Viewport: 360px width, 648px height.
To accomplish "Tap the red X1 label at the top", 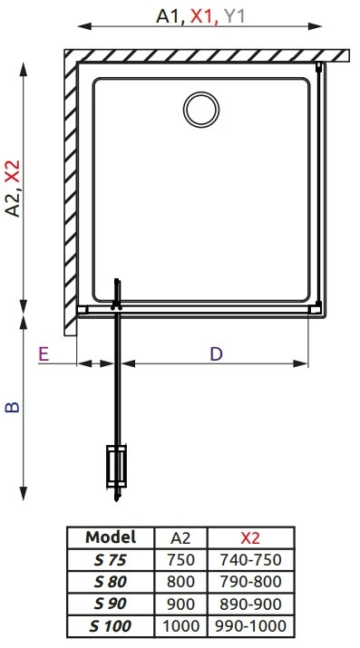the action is click(x=202, y=16).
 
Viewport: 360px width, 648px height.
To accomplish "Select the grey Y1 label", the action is click(x=234, y=16).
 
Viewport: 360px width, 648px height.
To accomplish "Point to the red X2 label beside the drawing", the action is click(x=14, y=171).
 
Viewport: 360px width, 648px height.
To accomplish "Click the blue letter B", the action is click(x=13, y=407).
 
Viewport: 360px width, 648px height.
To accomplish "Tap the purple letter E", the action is click(x=44, y=354).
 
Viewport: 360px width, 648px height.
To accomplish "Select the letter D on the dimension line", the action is click(x=216, y=354).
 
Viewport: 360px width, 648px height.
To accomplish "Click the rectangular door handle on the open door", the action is click(x=117, y=466).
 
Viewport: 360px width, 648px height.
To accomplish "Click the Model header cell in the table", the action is click(x=111, y=537).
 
